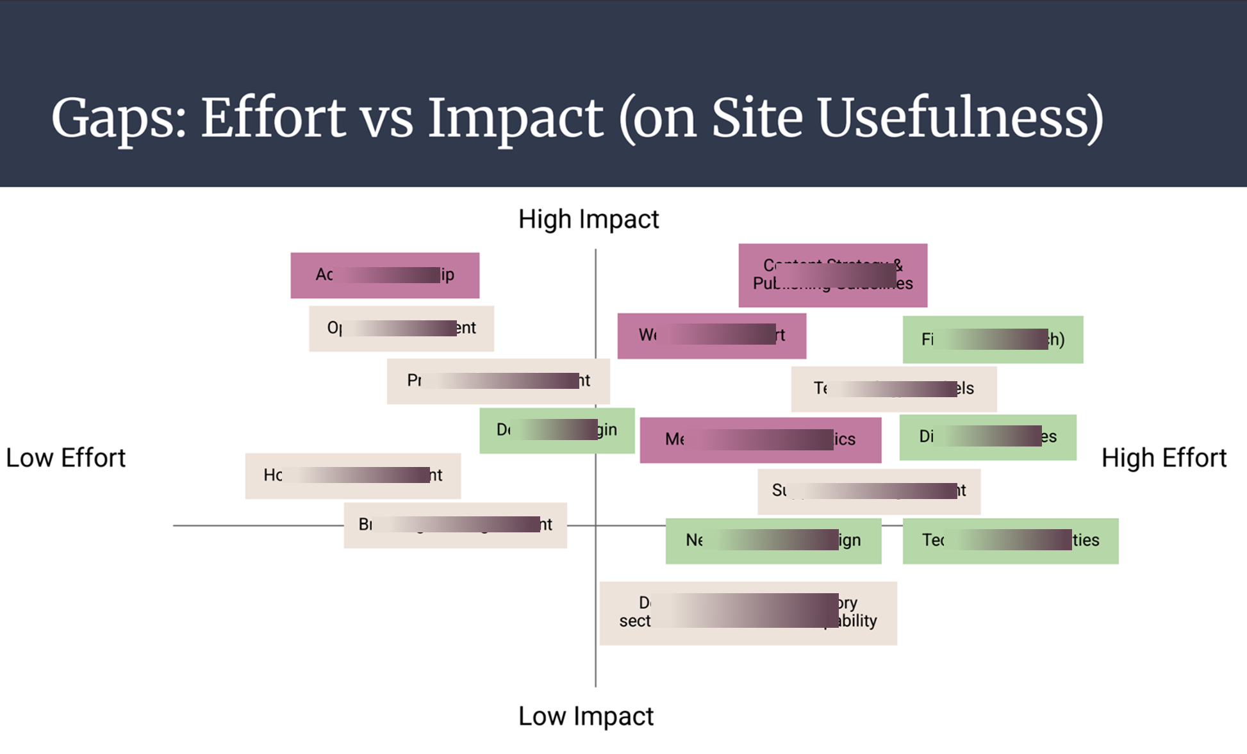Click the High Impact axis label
pos(588,219)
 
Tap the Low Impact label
pos(586,716)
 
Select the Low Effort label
pos(65,458)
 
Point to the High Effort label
pos(1164,458)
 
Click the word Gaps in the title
pos(118,119)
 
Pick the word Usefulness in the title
pos(960,119)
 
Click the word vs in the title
pos(386,119)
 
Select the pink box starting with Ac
pos(384,275)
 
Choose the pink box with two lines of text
pos(832,275)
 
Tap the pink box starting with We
pos(711,336)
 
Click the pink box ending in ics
pos(760,440)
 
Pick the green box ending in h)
pos(993,340)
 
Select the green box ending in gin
pos(557,430)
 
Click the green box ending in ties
pos(1010,541)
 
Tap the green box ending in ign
pos(773,541)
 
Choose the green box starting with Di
pos(987,438)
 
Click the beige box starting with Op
pos(401,329)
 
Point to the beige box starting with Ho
pos(352,476)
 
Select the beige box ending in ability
pos(748,613)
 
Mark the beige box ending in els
pos(893,389)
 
